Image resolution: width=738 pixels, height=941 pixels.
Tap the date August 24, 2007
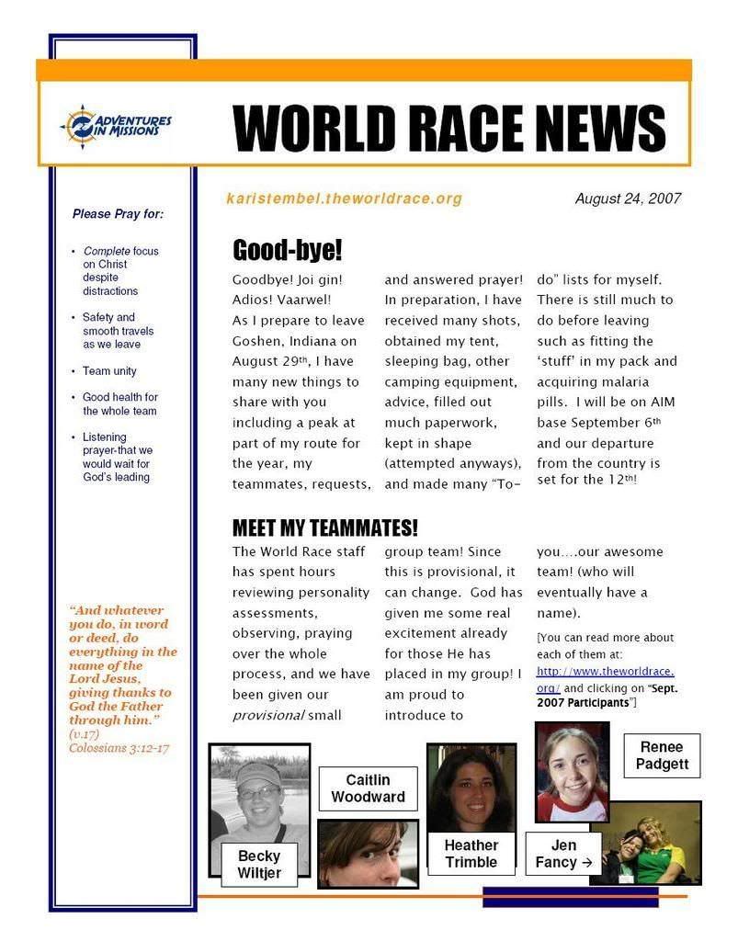click(628, 198)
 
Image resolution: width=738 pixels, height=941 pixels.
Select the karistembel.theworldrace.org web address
click(344, 198)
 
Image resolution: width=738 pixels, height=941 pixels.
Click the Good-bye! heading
click(287, 250)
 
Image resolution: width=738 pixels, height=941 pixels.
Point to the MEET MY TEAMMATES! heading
click(324, 527)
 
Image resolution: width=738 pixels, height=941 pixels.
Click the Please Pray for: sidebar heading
click(118, 214)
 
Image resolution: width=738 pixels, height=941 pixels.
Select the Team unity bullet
click(109, 371)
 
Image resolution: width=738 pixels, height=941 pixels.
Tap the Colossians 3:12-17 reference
click(119, 748)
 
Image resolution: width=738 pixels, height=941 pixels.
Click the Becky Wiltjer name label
click(259, 864)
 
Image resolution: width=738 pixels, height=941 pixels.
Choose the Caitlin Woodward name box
click(368, 788)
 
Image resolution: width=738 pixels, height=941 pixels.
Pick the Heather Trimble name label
click(471, 854)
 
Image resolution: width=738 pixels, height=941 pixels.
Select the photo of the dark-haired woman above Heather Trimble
click(471, 786)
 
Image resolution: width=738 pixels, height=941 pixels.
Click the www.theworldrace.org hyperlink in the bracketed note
click(606, 672)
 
